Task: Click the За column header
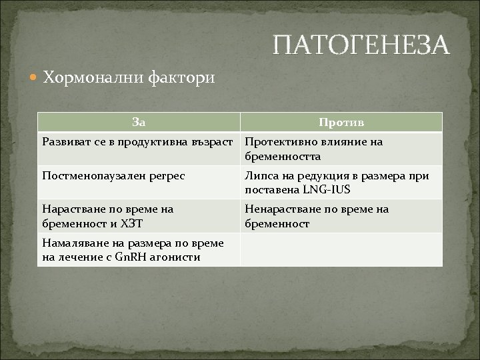point(139,121)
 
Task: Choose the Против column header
point(341,122)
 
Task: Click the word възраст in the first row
point(214,142)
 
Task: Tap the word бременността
point(283,157)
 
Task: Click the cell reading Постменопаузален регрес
point(113,175)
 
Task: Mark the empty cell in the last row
point(341,250)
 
